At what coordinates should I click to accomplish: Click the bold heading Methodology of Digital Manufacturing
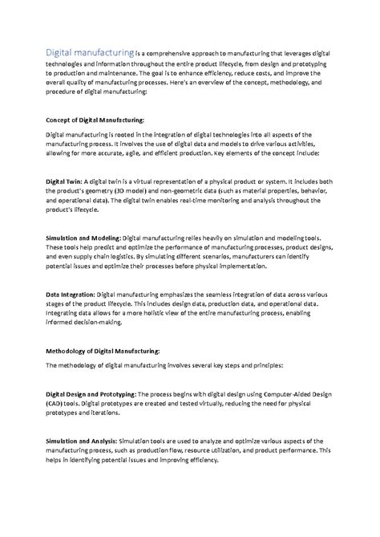point(103,351)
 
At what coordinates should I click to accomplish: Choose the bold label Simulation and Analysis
point(82,441)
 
